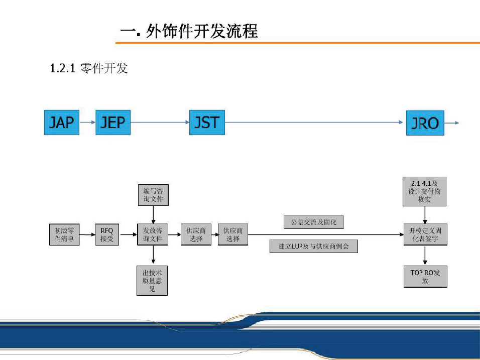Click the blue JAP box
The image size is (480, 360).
62,122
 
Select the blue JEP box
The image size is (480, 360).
113,122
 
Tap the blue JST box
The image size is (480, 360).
206,122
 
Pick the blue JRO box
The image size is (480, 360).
425,123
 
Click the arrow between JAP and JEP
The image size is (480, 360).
87,122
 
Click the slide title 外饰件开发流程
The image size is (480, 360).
189,32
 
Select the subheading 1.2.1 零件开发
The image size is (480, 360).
89,68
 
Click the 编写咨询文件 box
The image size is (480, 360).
153,195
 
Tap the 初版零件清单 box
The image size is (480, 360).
64,234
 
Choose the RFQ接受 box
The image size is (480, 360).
107,234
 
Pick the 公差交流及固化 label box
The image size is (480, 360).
314,222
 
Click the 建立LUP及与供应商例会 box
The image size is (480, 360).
314,246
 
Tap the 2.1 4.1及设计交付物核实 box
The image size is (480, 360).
424,191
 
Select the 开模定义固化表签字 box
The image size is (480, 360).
425,234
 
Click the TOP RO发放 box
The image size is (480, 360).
425,277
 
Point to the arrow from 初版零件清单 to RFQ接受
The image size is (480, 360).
87,234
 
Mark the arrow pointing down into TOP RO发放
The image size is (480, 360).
425,256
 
